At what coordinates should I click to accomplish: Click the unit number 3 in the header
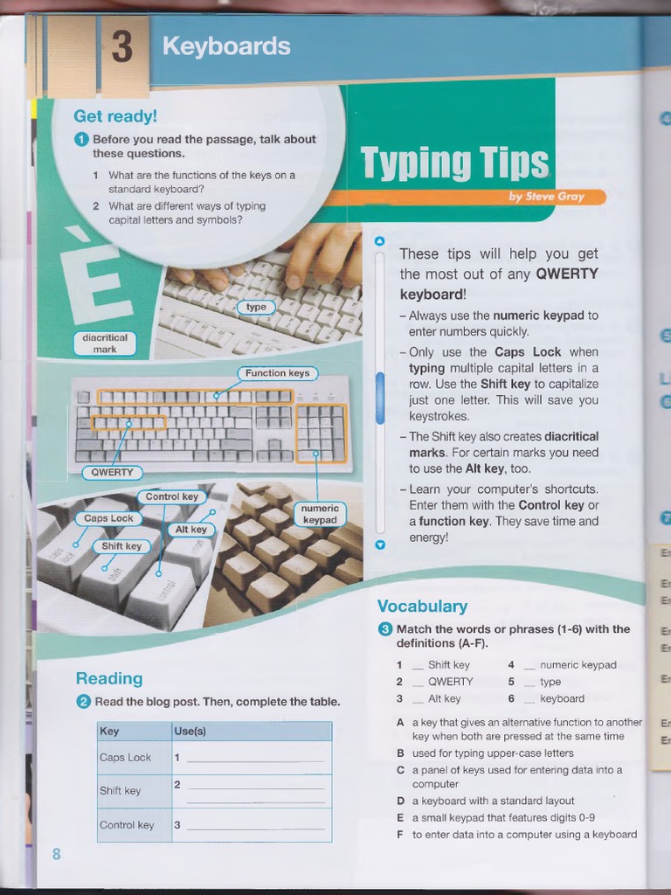point(122,48)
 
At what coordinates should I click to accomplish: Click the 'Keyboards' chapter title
point(226,46)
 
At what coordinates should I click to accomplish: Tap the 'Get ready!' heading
point(114,116)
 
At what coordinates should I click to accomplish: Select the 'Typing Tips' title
point(454,163)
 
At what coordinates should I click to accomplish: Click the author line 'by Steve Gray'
point(546,197)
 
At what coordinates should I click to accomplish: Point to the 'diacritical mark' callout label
point(105,343)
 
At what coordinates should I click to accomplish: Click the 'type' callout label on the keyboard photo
point(256,307)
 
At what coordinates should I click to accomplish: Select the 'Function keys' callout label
point(277,373)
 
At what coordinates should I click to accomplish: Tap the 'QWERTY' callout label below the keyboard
point(112,473)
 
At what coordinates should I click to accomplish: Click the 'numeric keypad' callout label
point(320,514)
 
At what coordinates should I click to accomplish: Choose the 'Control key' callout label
point(171,497)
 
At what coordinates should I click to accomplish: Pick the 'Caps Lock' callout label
point(109,518)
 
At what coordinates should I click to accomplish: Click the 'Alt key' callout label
point(191,530)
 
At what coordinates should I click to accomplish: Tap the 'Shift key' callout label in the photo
point(121,546)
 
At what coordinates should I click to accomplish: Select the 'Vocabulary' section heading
point(422,607)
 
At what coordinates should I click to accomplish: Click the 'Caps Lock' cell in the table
point(126,758)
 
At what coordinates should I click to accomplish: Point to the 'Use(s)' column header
point(190,731)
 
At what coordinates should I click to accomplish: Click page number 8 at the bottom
point(57,854)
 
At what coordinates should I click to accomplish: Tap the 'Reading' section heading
point(109,678)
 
